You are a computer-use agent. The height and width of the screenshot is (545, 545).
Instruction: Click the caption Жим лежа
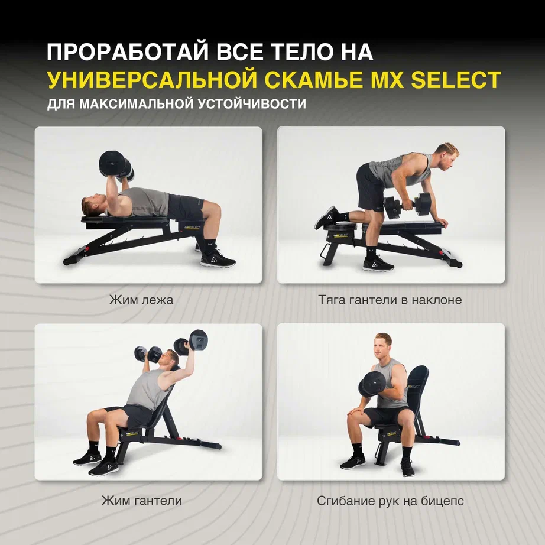click(x=141, y=300)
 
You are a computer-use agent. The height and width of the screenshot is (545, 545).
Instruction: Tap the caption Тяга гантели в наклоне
click(x=390, y=300)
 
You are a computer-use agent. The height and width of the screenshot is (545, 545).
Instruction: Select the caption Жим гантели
click(x=141, y=501)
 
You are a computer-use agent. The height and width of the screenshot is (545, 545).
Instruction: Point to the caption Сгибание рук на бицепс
click(x=390, y=501)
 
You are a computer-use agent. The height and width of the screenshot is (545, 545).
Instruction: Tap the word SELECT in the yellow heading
click(x=456, y=80)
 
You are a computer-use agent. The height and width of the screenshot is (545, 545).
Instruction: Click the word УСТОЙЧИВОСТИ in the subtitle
click(x=252, y=104)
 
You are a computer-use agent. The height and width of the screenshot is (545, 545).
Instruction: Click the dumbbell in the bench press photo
click(x=116, y=166)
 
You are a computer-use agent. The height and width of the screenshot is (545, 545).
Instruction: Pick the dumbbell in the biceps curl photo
click(x=372, y=384)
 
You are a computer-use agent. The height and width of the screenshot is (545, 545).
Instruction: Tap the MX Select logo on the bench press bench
click(x=192, y=228)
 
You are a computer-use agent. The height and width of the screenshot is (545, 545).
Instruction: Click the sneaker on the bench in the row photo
click(x=327, y=218)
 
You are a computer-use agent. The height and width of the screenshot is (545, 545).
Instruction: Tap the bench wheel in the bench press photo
click(x=66, y=261)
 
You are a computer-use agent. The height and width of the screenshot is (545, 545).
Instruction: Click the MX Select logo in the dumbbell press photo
click(x=133, y=432)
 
